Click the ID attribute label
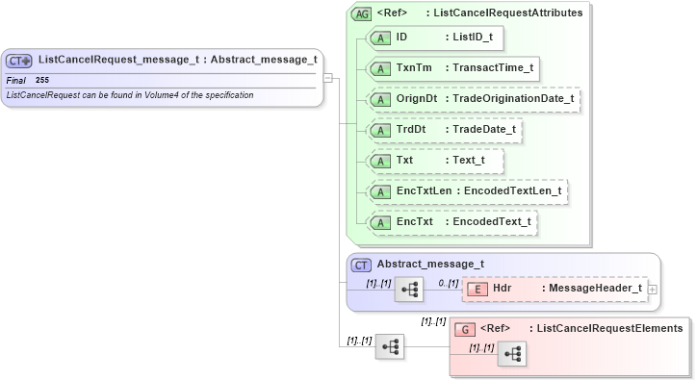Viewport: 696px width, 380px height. tap(402, 37)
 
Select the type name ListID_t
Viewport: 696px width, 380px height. tap(474, 37)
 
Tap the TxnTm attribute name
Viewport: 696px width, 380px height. tap(413, 67)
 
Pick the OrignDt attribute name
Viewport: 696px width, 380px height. tap(417, 98)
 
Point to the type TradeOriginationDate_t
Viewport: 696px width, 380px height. tap(509, 98)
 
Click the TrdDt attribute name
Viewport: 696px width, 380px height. tap(411, 129)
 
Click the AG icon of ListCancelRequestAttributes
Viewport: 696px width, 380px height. tap(362, 14)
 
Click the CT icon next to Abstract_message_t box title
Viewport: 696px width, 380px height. tap(362, 265)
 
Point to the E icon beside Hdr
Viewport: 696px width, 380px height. tap(476, 289)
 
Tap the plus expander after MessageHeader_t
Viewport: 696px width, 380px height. tap(654, 289)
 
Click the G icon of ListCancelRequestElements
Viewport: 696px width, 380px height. tap(462, 329)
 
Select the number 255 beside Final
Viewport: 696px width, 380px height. tap(42, 80)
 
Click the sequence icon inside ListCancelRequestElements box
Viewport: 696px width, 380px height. tap(511, 354)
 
